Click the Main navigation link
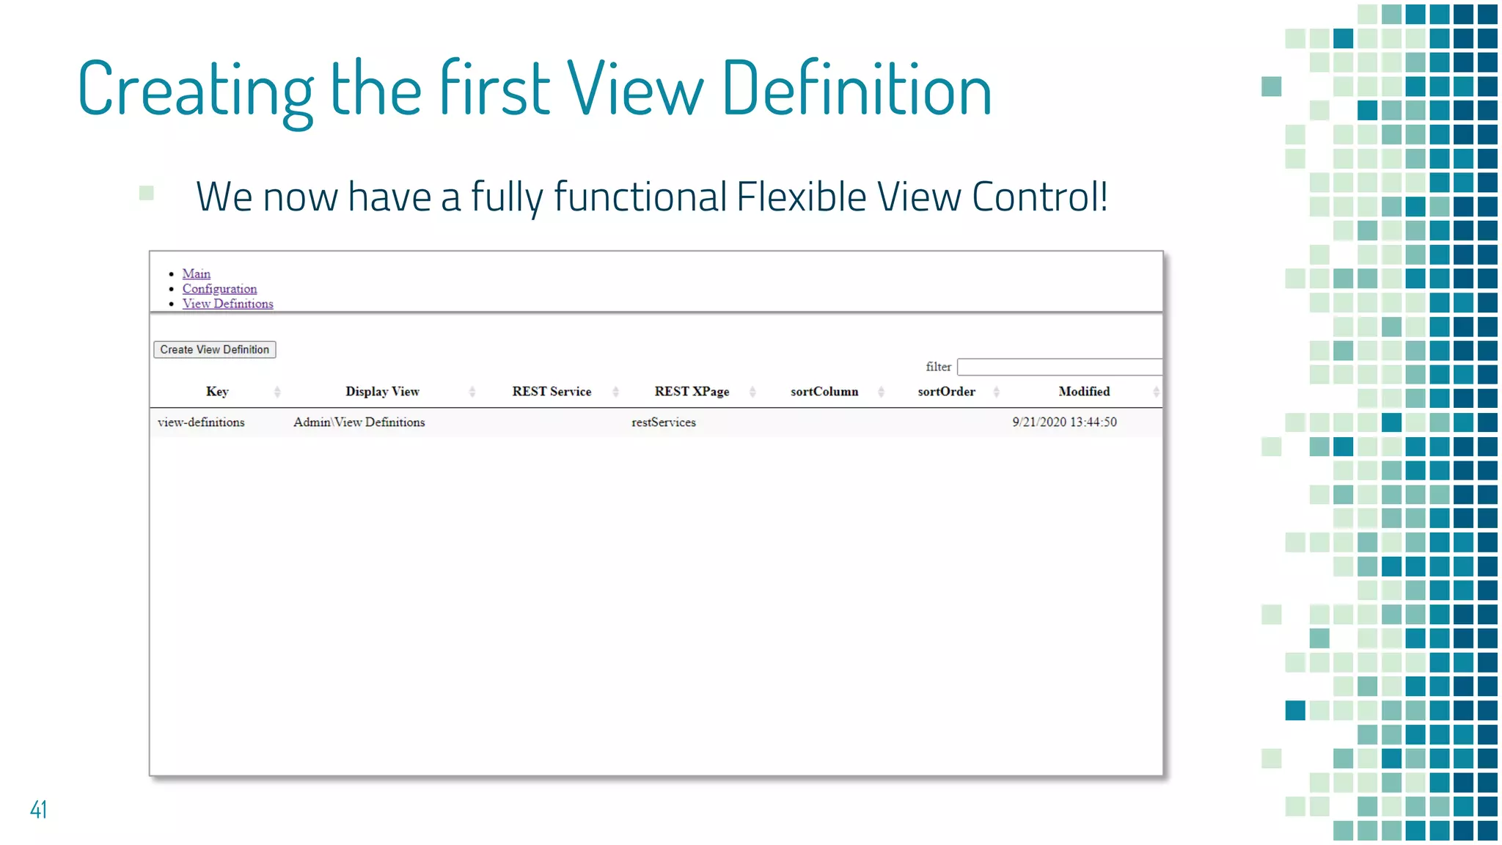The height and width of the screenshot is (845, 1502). pyautogui.click(x=196, y=274)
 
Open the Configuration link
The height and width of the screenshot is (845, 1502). pyautogui.click(x=219, y=289)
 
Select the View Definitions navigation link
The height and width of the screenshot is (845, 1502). pyautogui.click(x=227, y=304)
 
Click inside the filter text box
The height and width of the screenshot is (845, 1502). pyautogui.click(x=1059, y=367)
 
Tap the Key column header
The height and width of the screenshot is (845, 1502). pyautogui.click(x=217, y=392)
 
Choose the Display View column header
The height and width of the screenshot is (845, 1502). pyautogui.click(x=382, y=392)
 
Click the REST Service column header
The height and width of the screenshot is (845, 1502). pyautogui.click(x=552, y=392)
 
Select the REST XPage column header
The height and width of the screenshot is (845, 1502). pyautogui.click(x=692, y=392)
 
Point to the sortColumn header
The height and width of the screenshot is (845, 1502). pyautogui.click(x=824, y=392)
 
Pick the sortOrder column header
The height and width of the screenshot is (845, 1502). pyautogui.click(x=946, y=392)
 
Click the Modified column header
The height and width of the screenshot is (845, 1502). pyautogui.click(x=1084, y=392)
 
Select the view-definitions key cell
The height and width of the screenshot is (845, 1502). pyautogui.click(x=201, y=422)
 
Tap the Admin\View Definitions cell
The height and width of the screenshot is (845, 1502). pyautogui.click(x=359, y=422)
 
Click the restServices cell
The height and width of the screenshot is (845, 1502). pyautogui.click(x=664, y=422)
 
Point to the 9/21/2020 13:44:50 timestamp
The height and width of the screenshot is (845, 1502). pyautogui.click(x=1064, y=422)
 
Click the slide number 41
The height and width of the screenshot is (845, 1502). pyautogui.click(x=38, y=809)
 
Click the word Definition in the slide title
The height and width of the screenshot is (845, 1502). pyautogui.click(x=857, y=89)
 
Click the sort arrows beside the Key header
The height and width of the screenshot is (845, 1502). pyautogui.click(x=277, y=392)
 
